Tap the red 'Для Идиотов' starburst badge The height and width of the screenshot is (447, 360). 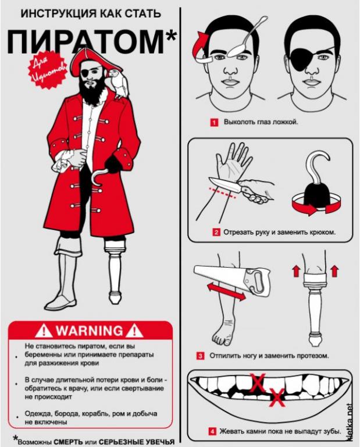[x=47, y=70]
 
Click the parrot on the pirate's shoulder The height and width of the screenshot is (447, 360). [x=118, y=83]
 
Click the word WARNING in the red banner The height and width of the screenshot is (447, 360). [x=89, y=331]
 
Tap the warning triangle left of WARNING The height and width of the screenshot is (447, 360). [x=44, y=331]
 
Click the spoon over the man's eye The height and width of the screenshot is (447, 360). [x=248, y=37]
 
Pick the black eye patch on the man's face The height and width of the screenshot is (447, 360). [x=302, y=58]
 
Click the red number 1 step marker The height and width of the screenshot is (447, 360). [x=214, y=123]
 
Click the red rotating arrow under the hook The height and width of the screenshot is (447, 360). [x=316, y=204]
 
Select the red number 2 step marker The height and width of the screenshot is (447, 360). [x=216, y=232]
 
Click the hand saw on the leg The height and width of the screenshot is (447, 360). [x=232, y=280]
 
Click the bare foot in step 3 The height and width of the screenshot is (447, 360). [x=224, y=330]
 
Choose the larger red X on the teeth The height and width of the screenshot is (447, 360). [x=258, y=383]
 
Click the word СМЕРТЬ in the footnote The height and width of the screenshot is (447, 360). [x=69, y=442]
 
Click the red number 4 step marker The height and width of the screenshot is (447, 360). [x=212, y=431]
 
